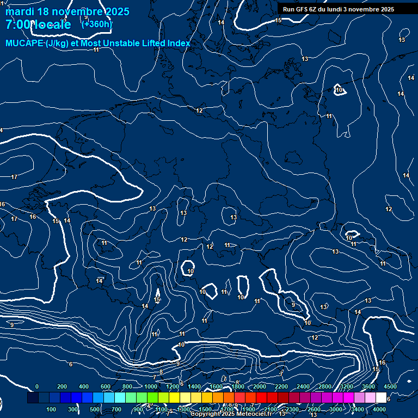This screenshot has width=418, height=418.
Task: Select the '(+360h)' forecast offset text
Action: (97, 23)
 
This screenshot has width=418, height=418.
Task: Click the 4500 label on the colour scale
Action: (390, 386)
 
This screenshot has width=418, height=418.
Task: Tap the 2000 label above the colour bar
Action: (259, 386)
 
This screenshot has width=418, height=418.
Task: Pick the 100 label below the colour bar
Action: (52, 409)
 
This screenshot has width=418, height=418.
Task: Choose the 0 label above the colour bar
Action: (37, 386)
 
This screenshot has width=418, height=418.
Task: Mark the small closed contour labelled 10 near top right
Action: (339, 90)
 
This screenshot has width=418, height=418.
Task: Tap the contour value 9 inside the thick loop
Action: (293, 305)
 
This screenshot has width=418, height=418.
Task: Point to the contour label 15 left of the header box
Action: (278, 20)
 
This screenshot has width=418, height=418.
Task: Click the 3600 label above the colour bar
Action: (368, 386)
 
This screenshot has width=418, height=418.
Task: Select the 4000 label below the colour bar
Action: (380, 409)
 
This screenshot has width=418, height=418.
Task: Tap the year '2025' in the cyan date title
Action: (118, 11)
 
